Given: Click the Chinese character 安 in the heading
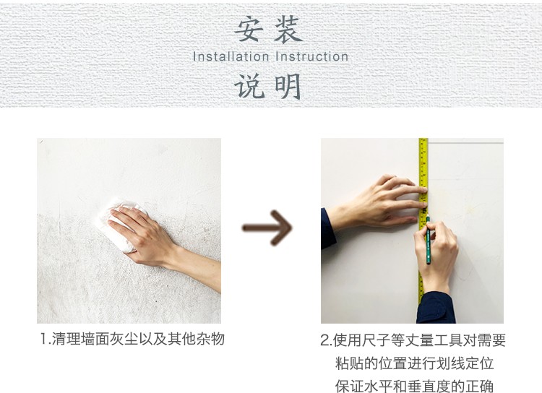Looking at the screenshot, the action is [247, 30].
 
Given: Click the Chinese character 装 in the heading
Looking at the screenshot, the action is [288, 30].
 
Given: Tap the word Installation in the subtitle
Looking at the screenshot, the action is [231, 56].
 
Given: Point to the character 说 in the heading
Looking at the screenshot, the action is [247, 87].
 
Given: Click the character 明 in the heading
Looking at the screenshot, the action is [288, 87].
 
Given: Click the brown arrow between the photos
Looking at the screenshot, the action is [267, 228].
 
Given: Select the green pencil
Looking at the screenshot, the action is [428, 240].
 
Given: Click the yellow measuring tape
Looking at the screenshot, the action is [423, 221].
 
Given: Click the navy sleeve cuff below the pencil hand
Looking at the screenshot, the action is [436, 308].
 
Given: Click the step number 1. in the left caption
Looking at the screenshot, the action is [46, 339].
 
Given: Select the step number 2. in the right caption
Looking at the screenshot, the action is [326, 340].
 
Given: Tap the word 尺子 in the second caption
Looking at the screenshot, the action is [376, 340].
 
